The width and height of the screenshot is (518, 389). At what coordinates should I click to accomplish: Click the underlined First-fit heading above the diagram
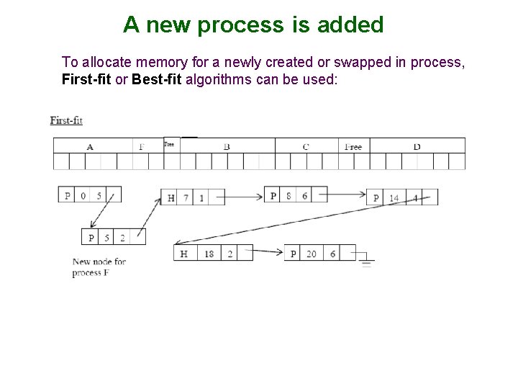[x=66, y=120]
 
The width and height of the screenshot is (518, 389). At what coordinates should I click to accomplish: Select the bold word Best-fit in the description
[x=157, y=79]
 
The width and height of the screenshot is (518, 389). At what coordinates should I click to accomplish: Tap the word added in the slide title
[x=350, y=25]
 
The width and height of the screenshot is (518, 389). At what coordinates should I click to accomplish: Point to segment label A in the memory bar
[x=90, y=147]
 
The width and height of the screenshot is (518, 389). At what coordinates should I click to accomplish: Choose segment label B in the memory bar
[x=227, y=147]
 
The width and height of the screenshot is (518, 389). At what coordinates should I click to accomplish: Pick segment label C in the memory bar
[x=306, y=147]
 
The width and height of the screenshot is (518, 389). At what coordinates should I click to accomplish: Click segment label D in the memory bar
[x=417, y=147]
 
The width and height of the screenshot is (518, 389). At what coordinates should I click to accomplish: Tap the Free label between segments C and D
[x=353, y=147]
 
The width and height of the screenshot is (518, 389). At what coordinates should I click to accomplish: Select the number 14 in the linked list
[x=394, y=198]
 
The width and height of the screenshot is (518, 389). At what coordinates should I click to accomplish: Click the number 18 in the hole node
[x=209, y=254]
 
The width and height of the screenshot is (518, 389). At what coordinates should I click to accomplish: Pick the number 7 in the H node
[x=186, y=197]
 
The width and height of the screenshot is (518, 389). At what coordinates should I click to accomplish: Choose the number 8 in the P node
[x=288, y=195]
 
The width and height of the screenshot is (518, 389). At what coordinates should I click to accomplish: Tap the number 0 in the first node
[x=83, y=195]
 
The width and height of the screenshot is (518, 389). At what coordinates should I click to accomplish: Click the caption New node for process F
[x=99, y=267]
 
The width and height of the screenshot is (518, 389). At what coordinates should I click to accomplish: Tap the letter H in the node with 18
[x=185, y=254]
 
